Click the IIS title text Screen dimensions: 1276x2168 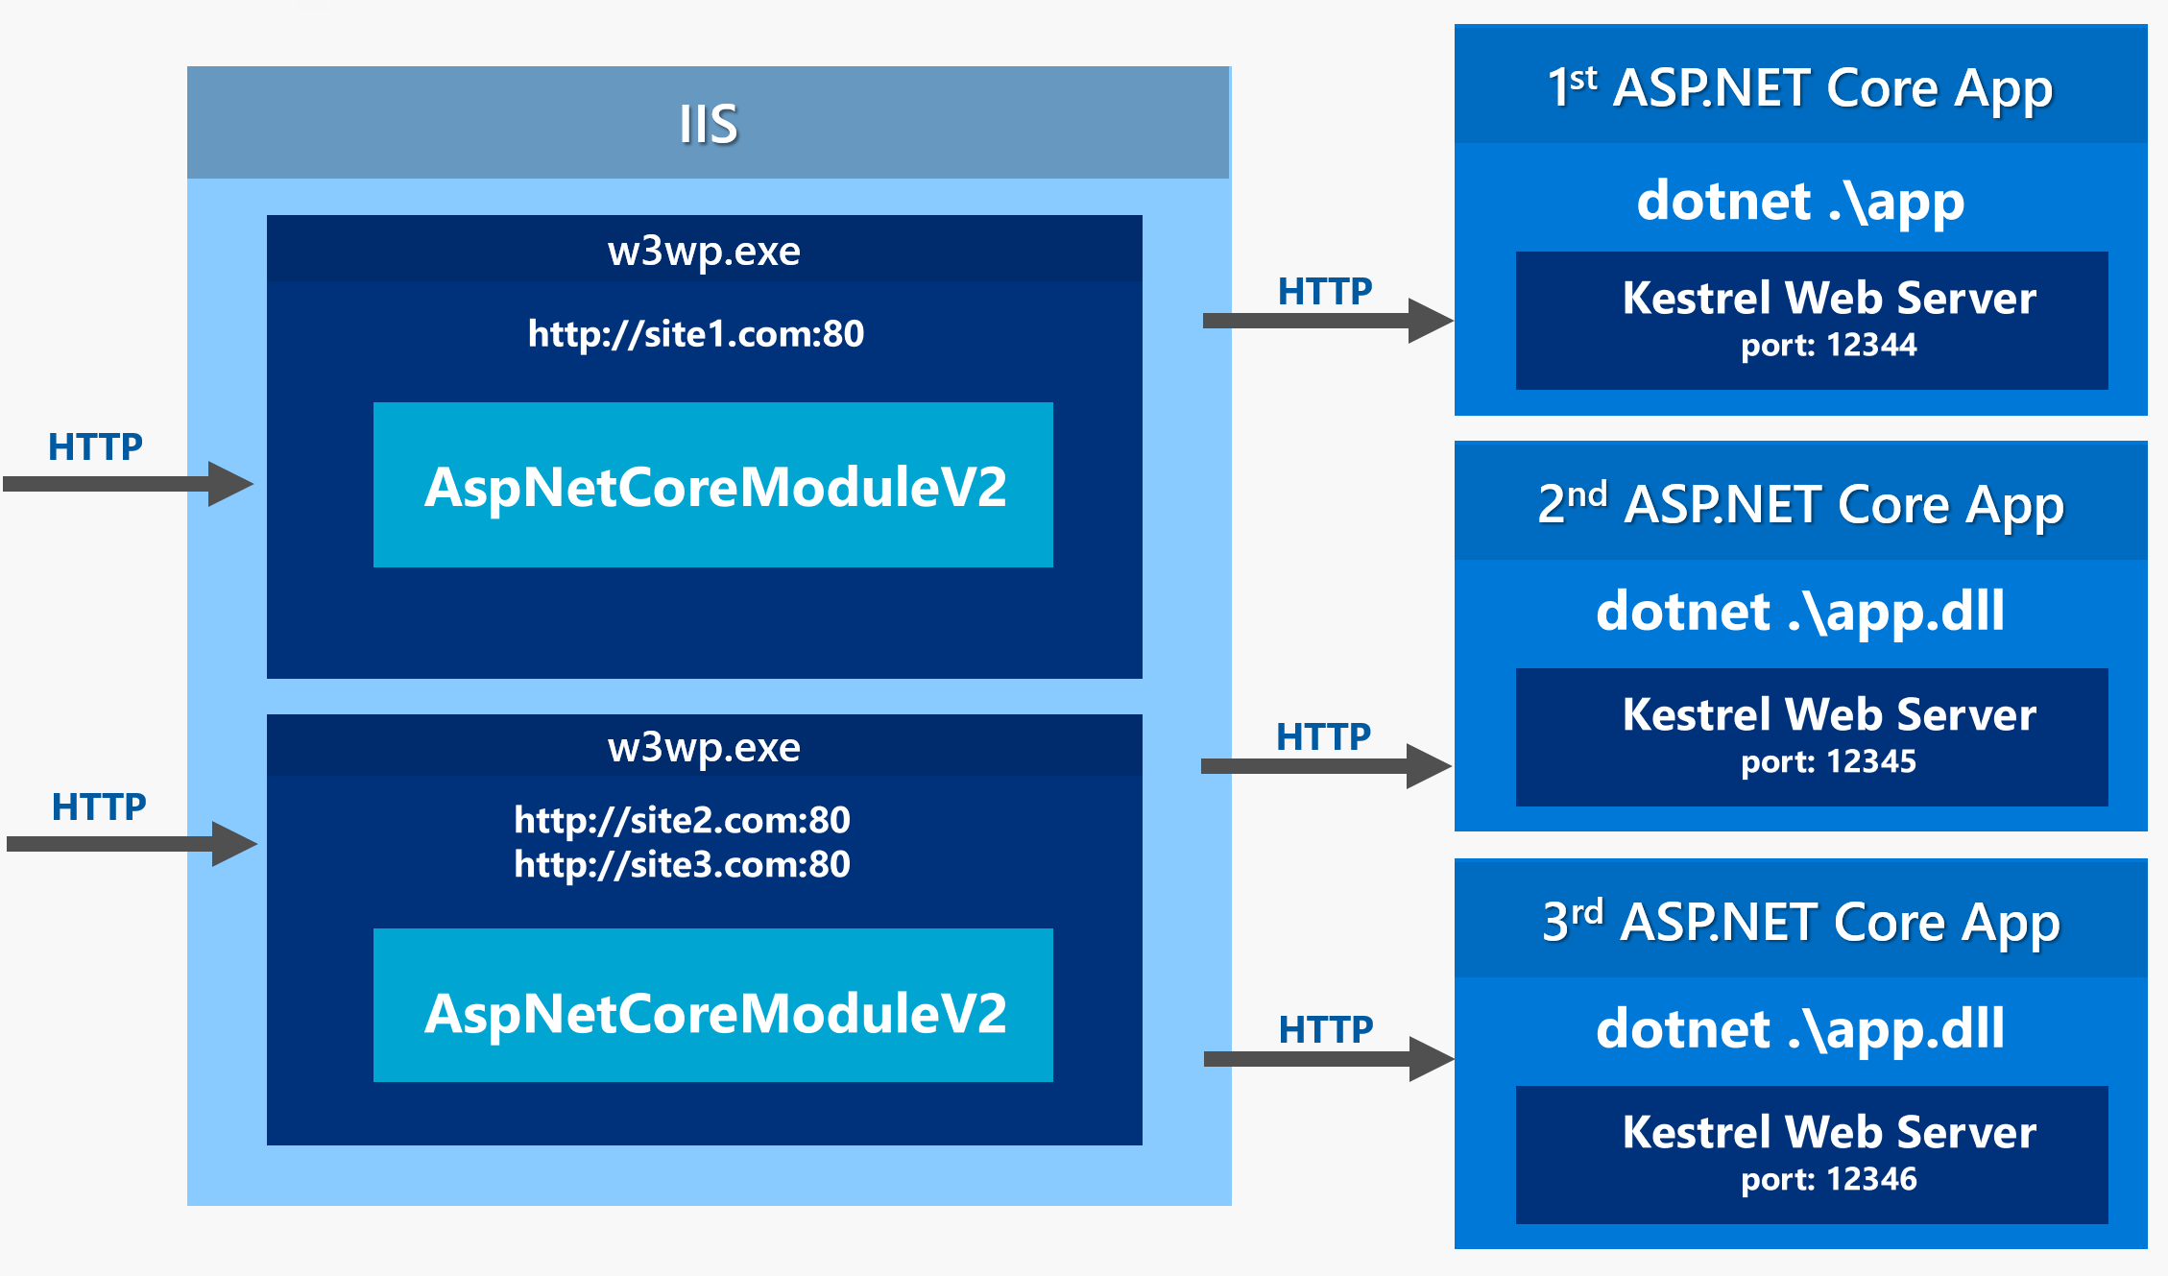pyautogui.click(x=708, y=124)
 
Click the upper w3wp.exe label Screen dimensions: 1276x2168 pyautogui.click(x=704, y=252)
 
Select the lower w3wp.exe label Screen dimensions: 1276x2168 pyautogui.click(x=704, y=748)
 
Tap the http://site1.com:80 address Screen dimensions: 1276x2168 pyautogui.click(x=696, y=334)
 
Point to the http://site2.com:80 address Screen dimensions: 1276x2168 pyautogui.click(x=682, y=820)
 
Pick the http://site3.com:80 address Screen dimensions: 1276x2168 pyautogui.click(x=682, y=865)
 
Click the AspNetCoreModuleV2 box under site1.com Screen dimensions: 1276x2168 pyautogui.click(x=713, y=486)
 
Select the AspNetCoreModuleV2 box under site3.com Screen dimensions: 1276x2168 pyautogui.click(x=713, y=1013)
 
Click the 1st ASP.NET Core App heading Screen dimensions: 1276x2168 pyautogui.click(x=1800, y=88)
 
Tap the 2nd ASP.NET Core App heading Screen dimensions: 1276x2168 pyautogui.click(x=1800, y=505)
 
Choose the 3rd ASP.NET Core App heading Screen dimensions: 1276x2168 pyautogui.click(x=1800, y=923)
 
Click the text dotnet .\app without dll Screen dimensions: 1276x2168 pyautogui.click(x=1800, y=203)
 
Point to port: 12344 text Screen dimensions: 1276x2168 pyautogui.click(x=1828, y=346)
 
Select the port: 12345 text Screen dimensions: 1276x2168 pyautogui.click(x=1828, y=762)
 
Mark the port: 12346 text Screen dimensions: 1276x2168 pyautogui.click(x=1828, y=1180)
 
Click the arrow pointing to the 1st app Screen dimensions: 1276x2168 pyautogui.click(x=1325, y=321)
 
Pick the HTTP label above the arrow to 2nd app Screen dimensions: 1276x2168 pyautogui.click(x=1323, y=737)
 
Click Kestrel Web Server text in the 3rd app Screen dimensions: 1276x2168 pyautogui.click(x=1828, y=1133)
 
